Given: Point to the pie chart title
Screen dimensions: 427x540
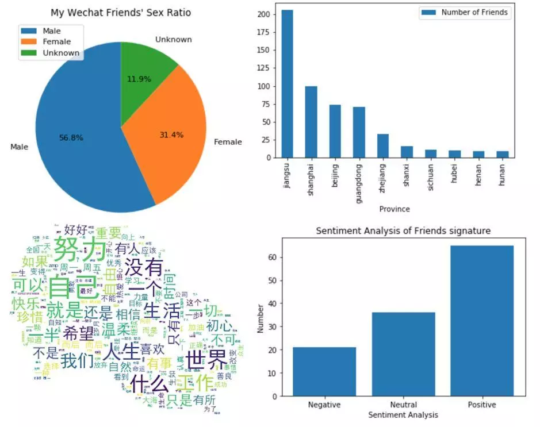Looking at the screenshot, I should pyautogui.click(x=121, y=12).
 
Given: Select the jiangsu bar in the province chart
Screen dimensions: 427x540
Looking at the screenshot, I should pyautogui.click(x=287, y=83).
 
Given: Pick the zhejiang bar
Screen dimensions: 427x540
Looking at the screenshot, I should pyautogui.click(x=382, y=145).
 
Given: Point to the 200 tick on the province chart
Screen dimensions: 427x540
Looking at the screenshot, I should pyautogui.click(x=263, y=16).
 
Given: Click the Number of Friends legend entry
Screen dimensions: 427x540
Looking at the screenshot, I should pyautogui.click(x=466, y=13).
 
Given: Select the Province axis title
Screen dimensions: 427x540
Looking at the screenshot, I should pyautogui.click(x=395, y=209).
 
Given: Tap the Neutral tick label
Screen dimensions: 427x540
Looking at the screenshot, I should pyautogui.click(x=403, y=405).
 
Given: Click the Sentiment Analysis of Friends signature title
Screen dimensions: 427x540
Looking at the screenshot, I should pyautogui.click(x=403, y=231).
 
